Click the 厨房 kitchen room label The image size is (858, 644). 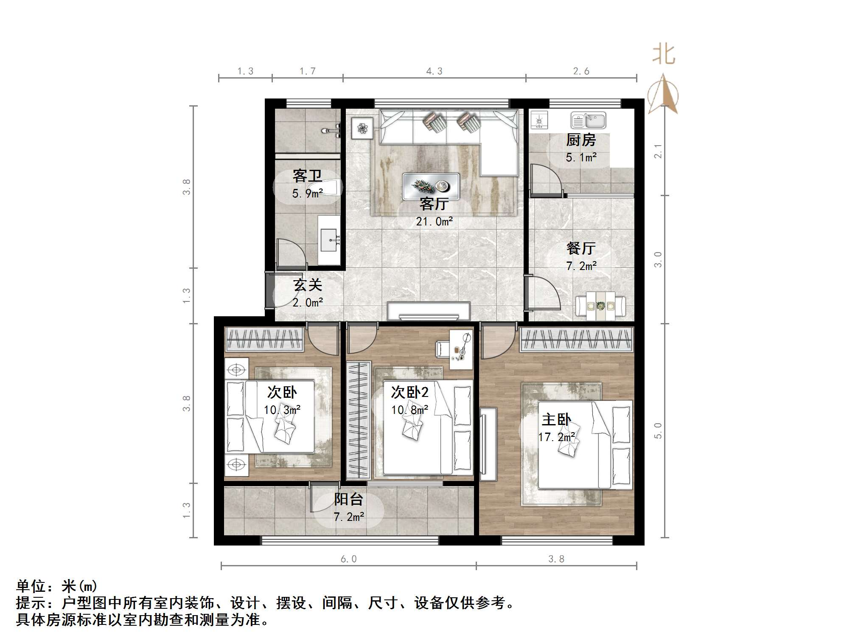[x=580, y=140]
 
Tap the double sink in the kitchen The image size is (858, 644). [x=588, y=121]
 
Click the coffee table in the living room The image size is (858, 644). [x=431, y=186]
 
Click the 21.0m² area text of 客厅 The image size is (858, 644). [x=434, y=221]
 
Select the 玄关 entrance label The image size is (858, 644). [x=308, y=285]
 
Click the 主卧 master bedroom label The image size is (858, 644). [x=556, y=419]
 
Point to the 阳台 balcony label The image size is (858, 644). [x=348, y=499]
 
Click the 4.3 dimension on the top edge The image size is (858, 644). [x=434, y=71]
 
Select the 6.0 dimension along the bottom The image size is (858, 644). [x=348, y=559]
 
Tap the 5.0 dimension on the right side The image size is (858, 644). [x=658, y=430]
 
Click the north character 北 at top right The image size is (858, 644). [x=663, y=55]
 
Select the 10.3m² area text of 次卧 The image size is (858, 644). [x=282, y=410]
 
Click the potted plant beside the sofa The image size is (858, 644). [x=362, y=128]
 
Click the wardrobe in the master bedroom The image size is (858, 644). [x=577, y=340]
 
